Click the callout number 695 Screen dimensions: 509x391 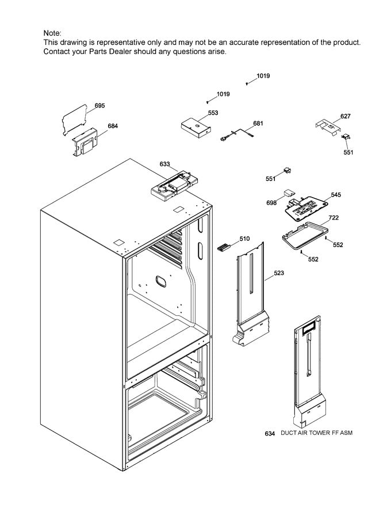[99, 106]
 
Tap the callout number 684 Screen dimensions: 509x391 [113, 126]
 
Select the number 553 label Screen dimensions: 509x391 [213, 113]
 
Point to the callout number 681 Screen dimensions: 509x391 [258, 123]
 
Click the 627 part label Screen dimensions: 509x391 [345, 116]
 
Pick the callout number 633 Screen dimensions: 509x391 [164, 164]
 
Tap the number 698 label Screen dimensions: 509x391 [272, 203]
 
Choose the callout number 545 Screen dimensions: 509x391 [335, 195]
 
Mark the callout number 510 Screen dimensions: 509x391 [244, 238]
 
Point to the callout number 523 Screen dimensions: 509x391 [279, 273]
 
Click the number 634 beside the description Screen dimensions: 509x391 [270, 433]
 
